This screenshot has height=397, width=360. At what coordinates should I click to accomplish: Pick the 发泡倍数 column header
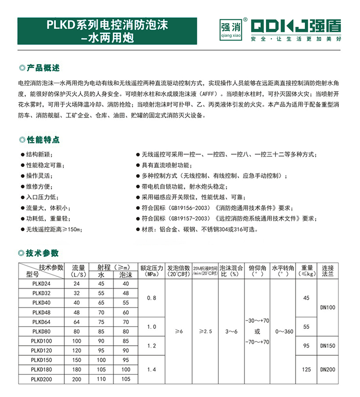coord(179,271)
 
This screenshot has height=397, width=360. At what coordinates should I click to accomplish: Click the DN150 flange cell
coord(327,345)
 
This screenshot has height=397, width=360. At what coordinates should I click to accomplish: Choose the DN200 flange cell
coord(327,369)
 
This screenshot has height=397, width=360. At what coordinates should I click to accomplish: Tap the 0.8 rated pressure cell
coord(152,298)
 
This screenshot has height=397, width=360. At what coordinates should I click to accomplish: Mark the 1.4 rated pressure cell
coord(152,369)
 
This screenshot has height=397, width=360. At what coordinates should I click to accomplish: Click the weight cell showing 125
coord(307,369)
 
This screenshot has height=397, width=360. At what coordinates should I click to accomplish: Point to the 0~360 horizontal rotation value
coord(282,331)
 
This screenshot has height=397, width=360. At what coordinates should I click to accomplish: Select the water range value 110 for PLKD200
coord(101,379)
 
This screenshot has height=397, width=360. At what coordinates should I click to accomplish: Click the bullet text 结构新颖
coord(40,154)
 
